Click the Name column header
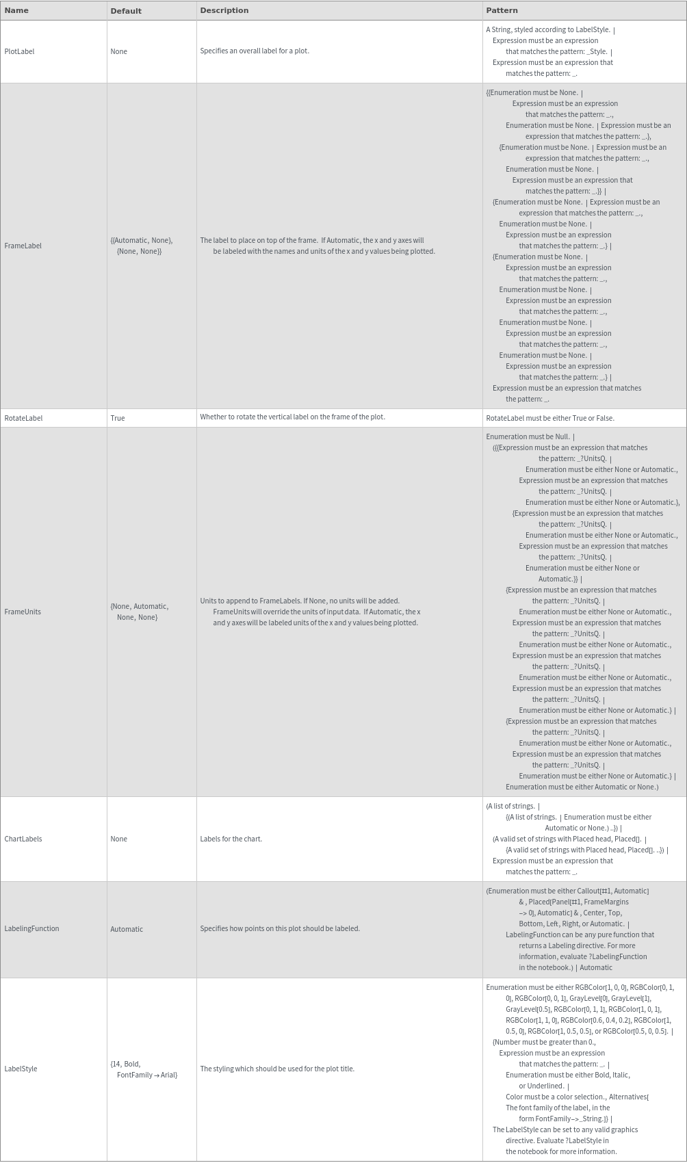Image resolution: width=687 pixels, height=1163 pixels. [x=16, y=10]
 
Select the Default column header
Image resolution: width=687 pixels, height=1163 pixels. [x=126, y=11]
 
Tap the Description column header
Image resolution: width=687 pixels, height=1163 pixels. [x=224, y=10]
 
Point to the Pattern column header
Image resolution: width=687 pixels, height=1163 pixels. [x=502, y=10]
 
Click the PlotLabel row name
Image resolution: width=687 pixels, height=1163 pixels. [x=19, y=51]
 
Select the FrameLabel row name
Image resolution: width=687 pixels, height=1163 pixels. [x=23, y=246]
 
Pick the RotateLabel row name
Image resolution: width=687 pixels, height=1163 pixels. [x=23, y=418]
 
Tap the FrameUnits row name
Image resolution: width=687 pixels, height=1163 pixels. [x=23, y=612]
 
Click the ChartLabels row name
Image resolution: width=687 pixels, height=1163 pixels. [x=23, y=839]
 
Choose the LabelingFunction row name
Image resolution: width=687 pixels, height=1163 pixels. [x=31, y=928]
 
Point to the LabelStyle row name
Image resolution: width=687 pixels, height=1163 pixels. [x=21, y=1069]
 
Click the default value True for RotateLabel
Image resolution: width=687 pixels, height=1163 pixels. [x=118, y=418]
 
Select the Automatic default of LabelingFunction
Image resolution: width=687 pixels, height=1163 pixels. [x=127, y=929]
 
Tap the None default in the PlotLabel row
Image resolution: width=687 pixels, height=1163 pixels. [x=118, y=51]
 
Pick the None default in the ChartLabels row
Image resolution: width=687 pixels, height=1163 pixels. [x=118, y=839]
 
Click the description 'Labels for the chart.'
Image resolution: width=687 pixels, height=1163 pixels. [x=231, y=839]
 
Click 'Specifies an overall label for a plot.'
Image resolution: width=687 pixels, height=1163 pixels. [x=255, y=51]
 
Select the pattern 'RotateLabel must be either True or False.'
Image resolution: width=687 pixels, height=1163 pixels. [x=550, y=418]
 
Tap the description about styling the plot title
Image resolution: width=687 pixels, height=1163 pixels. [x=277, y=1069]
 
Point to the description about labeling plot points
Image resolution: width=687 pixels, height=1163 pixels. [x=280, y=928]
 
